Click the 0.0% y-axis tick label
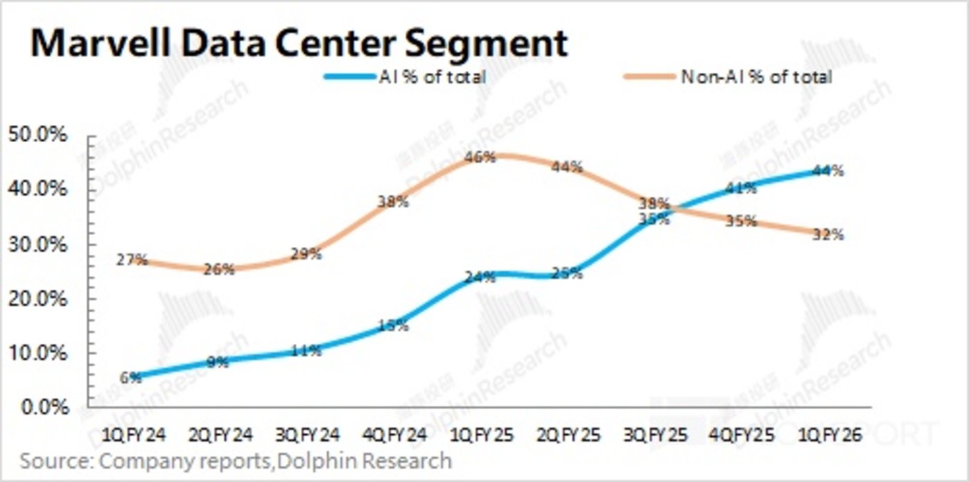click(x=43, y=407)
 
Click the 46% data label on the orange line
click(x=480, y=157)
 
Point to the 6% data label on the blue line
click(x=131, y=377)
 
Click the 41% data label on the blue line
click(x=740, y=188)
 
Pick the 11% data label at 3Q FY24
click(x=306, y=351)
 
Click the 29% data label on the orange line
click(x=306, y=254)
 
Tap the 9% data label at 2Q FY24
click(x=218, y=362)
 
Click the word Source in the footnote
click(x=56, y=461)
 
